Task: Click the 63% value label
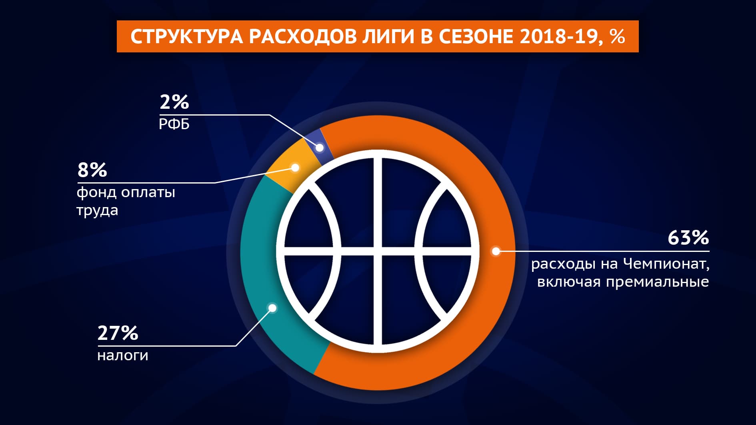[688, 237]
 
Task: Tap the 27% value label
[118, 333]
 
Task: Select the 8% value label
[92, 170]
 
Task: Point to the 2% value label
[174, 102]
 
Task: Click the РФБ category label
[174, 124]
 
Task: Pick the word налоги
[123, 356]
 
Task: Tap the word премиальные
[657, 282]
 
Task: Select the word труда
[97, 211]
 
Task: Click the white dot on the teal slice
[272, 308]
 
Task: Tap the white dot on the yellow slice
[295, 168]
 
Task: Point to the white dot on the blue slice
[320, 148]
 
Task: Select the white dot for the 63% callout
[496, 251]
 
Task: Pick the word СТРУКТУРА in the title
[186, 37]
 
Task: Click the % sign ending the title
[618, 36]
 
